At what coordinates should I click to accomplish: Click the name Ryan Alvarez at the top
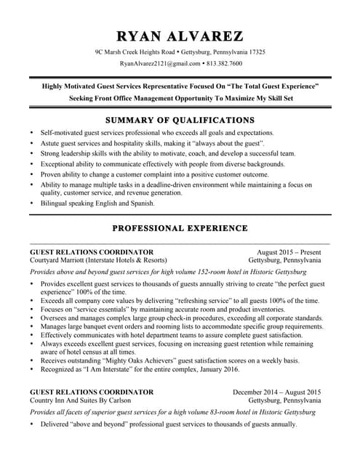click(x=180, y=36)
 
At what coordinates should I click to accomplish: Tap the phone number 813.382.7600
click(x=224, y=63)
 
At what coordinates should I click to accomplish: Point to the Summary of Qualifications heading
click(x=180, y=120)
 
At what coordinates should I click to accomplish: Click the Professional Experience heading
click(x=180, y=228)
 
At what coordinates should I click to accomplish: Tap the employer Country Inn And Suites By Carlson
click(x=80, y=400)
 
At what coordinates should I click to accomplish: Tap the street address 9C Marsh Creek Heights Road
click(x=135, y=52)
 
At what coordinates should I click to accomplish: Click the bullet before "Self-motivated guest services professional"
click(x=31, y=133)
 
